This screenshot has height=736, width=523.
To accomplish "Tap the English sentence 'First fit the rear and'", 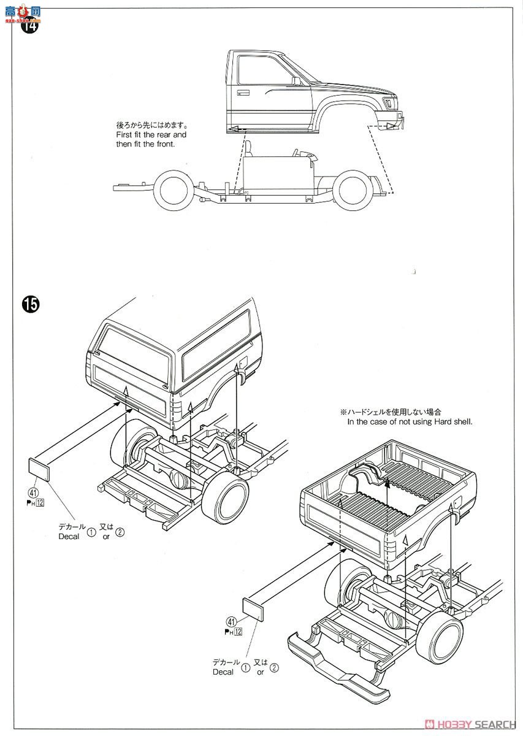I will tap(151, 134).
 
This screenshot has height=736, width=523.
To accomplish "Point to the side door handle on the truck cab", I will tap(243, 93).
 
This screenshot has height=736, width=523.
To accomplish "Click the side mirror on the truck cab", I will tap(296, 80).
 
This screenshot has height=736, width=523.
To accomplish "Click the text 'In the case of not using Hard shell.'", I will tap(410, 421).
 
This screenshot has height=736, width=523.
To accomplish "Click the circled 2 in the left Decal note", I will tap(120, 532).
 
